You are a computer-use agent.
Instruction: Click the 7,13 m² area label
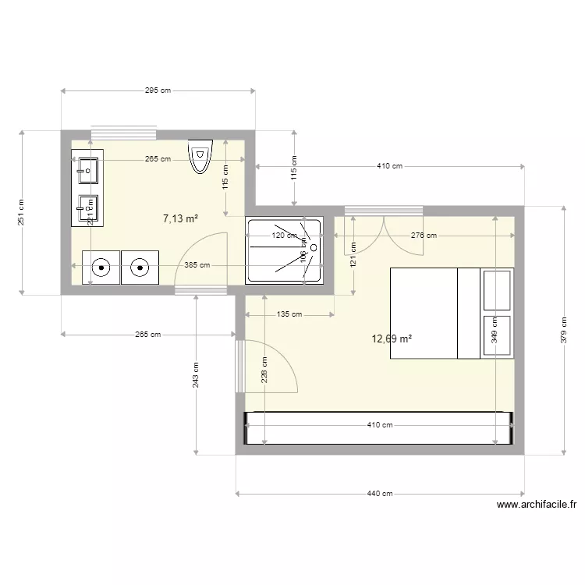[x=179, y=219]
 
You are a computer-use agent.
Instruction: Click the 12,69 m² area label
[x=392, y=339]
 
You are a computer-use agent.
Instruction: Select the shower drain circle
[x=313, y=247]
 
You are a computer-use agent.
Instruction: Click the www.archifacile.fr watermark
[x=536, y=505]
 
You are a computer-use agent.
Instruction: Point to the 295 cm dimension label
[x=158, y=90]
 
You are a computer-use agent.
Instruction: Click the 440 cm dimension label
[x=380, y=494]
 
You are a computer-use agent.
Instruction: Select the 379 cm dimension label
[x=563, y=330]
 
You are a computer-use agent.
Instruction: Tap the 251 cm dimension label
[x=22, y=211]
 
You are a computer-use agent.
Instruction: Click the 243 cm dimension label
[x=196, y=375]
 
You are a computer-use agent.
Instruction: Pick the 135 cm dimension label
[x=289, y=314]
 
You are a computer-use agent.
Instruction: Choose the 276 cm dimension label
[x=424, y=236]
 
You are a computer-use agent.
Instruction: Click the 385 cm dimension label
[x=197, y=265]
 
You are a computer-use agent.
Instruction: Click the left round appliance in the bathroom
[x=101, y=267]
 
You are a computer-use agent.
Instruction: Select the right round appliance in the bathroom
[x=140, y=267]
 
